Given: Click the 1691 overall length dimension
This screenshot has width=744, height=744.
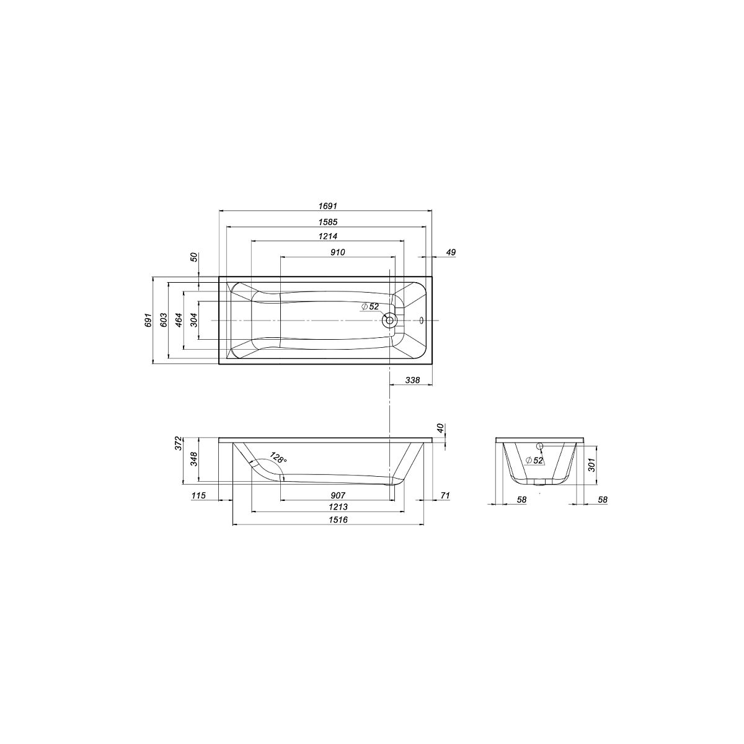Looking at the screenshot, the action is (328, 206).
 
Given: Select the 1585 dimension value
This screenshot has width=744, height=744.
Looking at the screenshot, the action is (328, 222).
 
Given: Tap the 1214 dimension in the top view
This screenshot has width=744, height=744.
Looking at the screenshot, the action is (328, 236).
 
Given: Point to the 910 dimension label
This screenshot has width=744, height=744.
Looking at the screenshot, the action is (337, 252).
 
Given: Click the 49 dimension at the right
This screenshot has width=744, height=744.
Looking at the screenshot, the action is (451, 252).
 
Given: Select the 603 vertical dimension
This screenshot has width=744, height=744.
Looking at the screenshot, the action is (163, 320).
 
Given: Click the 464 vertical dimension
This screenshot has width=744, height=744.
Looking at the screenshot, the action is (179, 320).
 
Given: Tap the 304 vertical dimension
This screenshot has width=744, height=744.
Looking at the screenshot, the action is (194, 320).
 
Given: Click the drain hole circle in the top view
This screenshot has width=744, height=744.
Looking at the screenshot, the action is (389, 320).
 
